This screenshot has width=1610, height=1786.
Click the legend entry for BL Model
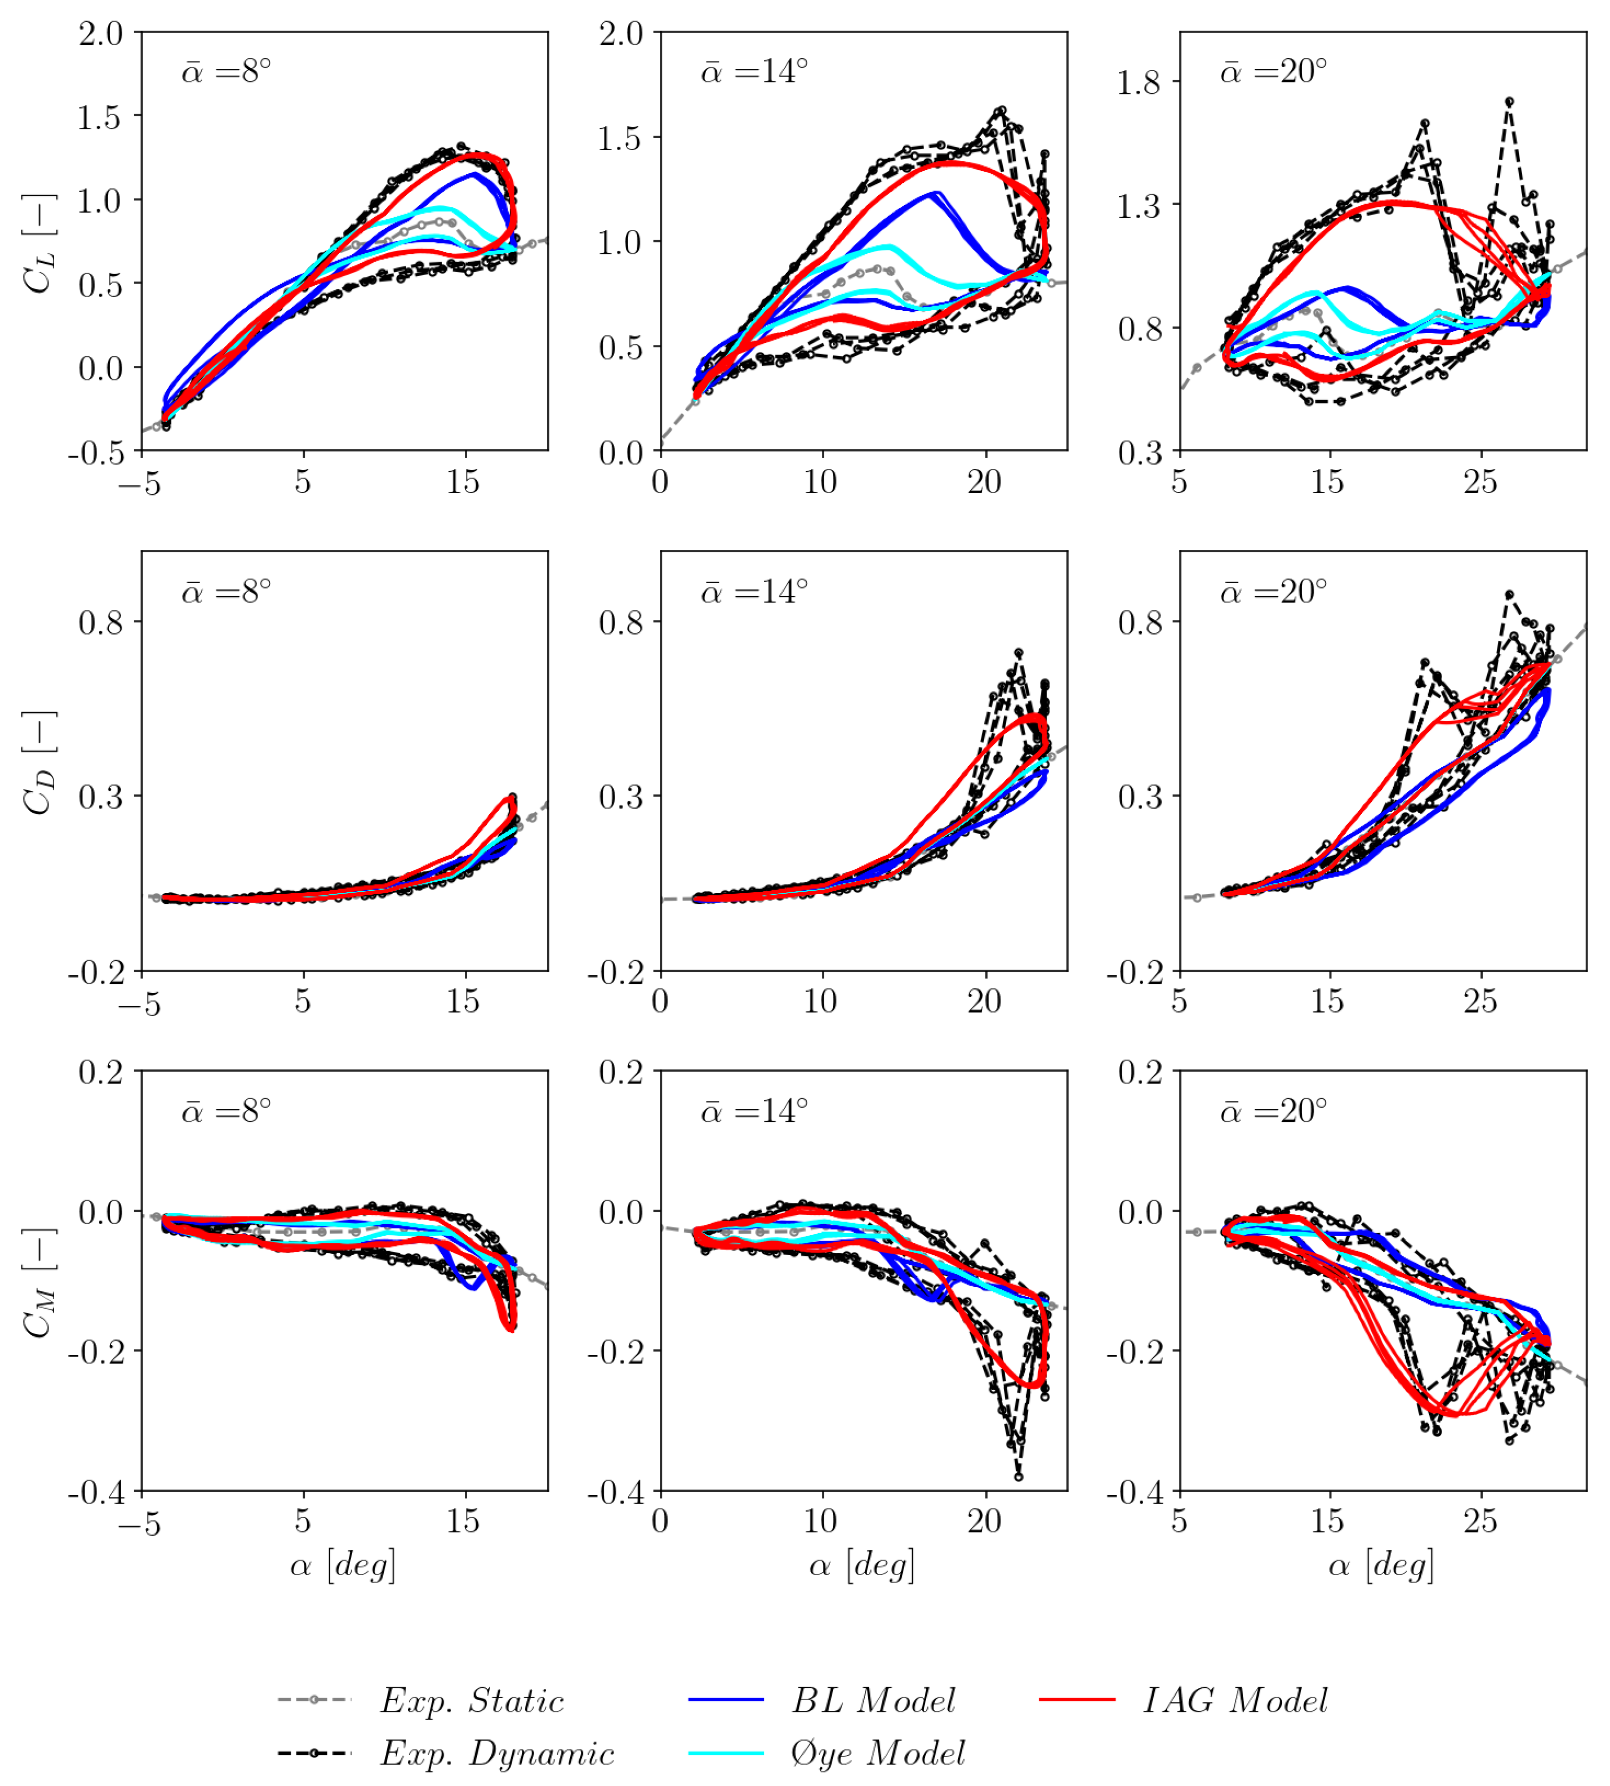(872, 1700)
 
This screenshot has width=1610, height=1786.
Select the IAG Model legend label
(1235, 1700)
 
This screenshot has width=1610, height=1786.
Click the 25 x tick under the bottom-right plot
(1480, 1522)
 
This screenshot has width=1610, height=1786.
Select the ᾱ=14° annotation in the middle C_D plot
(755, 591)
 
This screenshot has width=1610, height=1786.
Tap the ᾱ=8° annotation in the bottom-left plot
(226, 1110)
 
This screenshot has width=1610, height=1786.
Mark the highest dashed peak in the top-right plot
(1509, 102)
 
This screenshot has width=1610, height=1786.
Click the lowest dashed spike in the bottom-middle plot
(1018, 1476)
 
